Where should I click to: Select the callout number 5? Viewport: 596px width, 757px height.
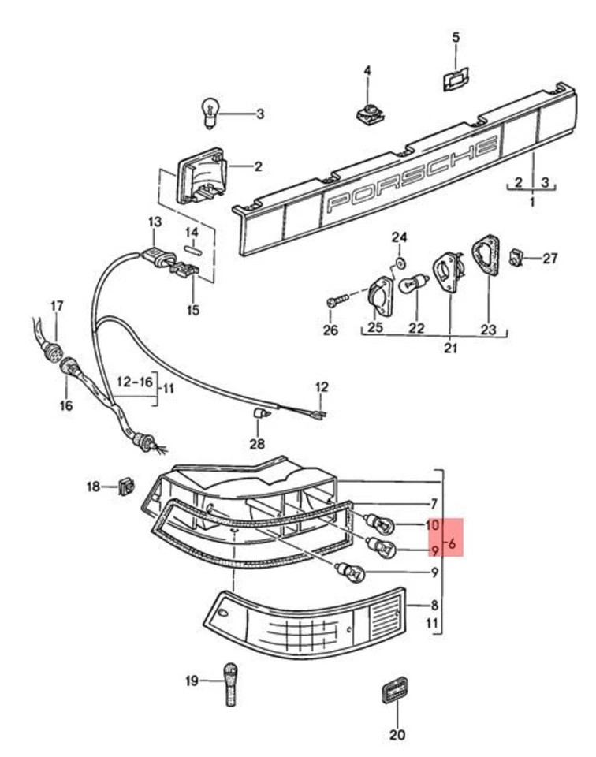point(456,37)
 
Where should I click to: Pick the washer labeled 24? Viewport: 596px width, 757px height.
point(400,260)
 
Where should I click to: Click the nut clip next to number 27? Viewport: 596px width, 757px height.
point(516,256)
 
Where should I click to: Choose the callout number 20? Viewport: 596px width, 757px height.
point(397,735)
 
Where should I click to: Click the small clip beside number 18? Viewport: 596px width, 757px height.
point(123,487)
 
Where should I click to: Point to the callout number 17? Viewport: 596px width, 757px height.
point(57,305)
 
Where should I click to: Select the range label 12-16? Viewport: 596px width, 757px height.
point(135,381)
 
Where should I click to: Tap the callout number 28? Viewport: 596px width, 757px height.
point(258,444)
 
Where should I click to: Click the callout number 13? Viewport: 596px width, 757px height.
point(153,222)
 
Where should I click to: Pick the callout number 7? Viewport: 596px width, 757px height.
point(433,503)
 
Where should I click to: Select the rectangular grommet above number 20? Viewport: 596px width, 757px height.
point(394,691)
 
